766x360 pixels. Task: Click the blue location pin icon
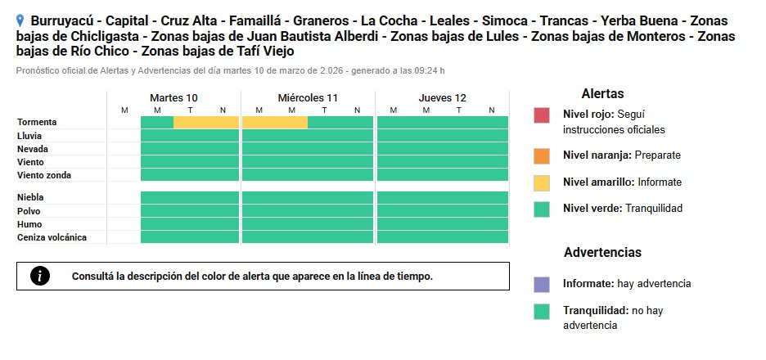(x=20, y=20)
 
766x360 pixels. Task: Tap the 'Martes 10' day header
(x=173, y=97)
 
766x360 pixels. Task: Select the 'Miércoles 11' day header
(x=308, y=97)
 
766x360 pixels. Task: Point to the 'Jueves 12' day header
(x=442, y=97)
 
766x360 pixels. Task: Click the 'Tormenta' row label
(x=37, y=122)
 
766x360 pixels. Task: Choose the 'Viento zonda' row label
(x=44, y=175)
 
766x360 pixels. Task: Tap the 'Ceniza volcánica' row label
(x=52, y=237)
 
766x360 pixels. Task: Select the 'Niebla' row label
(x=30, y=197)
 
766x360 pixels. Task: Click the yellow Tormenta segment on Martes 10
(x=206, y=122)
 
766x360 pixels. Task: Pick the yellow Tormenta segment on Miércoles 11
(x=275, y=122)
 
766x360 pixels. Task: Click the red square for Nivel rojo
(x=542, y=115)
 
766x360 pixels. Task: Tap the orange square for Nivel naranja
(x=542, y=155)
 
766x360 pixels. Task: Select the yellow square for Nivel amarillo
(x=542, y=182)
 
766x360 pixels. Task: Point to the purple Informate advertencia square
(x=542, y=284)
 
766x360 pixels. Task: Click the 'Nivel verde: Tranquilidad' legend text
(x=622, y=209)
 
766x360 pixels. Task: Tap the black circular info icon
(x=40, y=276)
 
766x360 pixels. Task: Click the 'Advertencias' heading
(x=602, y=253)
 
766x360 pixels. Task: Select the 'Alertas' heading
(x=602, y=94)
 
